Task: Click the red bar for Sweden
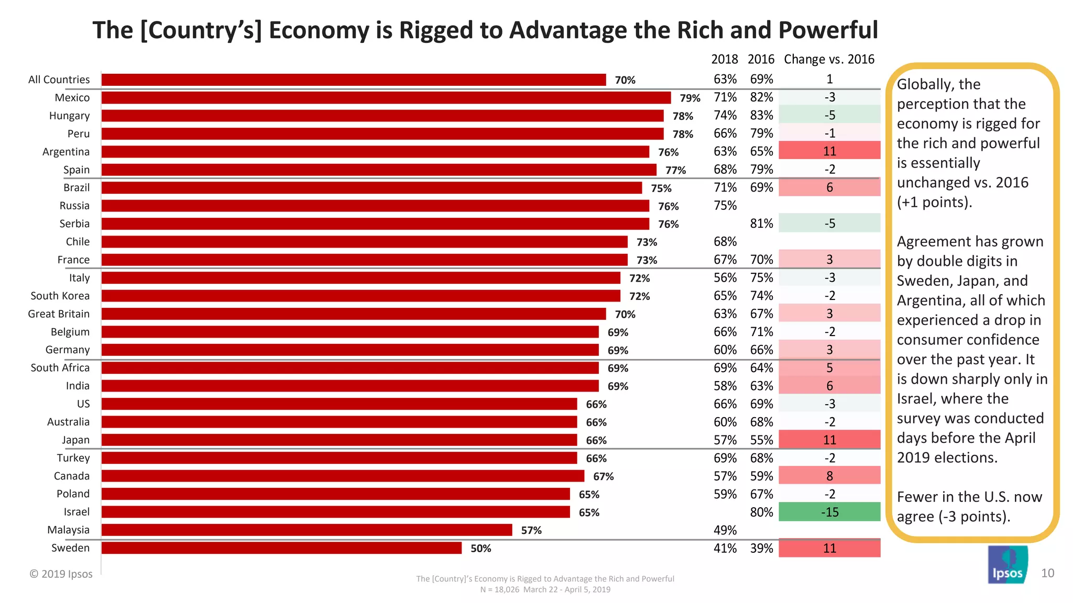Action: [281, 548]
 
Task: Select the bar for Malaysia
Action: [306, 530]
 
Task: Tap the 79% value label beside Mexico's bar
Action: [689, 98]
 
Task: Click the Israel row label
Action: [76, 512]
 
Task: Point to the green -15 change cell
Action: [829, 512]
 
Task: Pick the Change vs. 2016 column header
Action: [829, 59]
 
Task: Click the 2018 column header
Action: [724, 59]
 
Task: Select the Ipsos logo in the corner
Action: [1008, 565]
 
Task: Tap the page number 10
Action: [1047, 573]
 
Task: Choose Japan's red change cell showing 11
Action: [829, 440]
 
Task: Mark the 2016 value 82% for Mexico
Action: [761, 97]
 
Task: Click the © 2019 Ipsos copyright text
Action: [61, 574]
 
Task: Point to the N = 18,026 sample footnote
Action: [545, 589]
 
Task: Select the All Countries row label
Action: [59, 80]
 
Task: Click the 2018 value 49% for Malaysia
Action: [725, 530]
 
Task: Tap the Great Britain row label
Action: [59, 314]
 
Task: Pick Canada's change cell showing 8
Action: [829, 476]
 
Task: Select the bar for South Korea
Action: [360, 296]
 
